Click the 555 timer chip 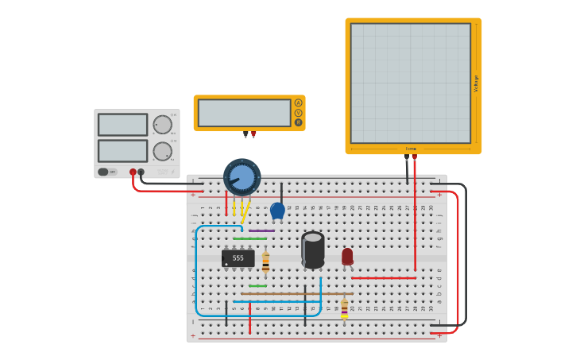(238, 258)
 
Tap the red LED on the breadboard (347, 256)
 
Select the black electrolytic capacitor (313, 250)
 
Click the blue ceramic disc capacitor (277, 210)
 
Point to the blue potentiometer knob (242, 176)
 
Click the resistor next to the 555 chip (265, 261)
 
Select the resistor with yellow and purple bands (344, 308)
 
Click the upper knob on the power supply (162, 125)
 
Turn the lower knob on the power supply (162, 151)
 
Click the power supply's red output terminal (133, 172)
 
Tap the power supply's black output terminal (141, 172)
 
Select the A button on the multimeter (299, 103)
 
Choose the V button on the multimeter (299, 113)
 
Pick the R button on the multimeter (299, 122)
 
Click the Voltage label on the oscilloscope (476, 83)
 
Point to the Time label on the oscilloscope (411, 149)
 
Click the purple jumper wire (262, 230)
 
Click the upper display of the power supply (122, 125)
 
